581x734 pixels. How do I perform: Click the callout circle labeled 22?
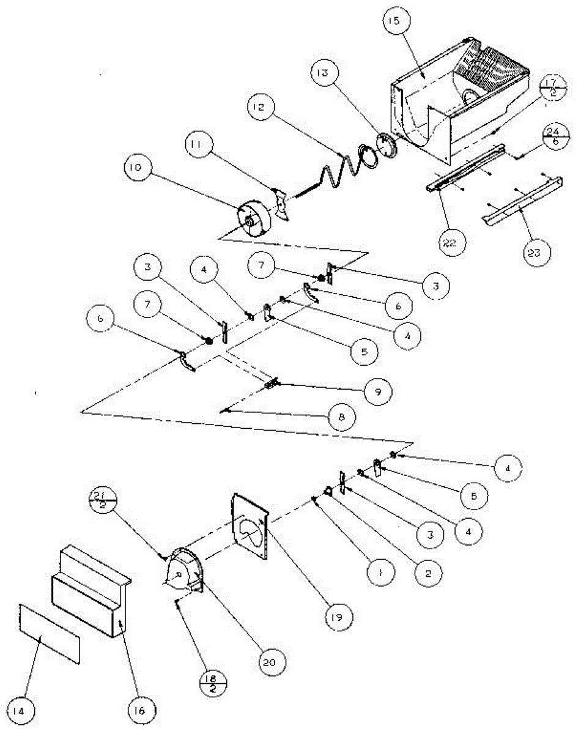point(453,242)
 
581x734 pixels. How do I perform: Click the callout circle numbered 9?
point(377,390)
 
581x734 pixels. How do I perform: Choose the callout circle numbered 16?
point(141,711)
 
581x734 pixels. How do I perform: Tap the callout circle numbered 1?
point(381,574)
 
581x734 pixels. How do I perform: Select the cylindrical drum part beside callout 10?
point(253,220)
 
